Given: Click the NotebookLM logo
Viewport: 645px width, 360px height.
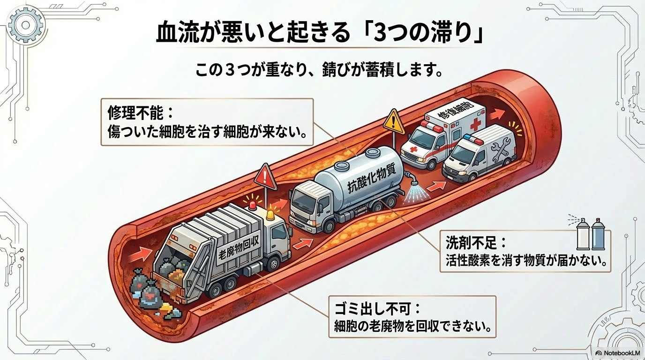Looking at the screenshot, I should (x=618, y=352).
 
